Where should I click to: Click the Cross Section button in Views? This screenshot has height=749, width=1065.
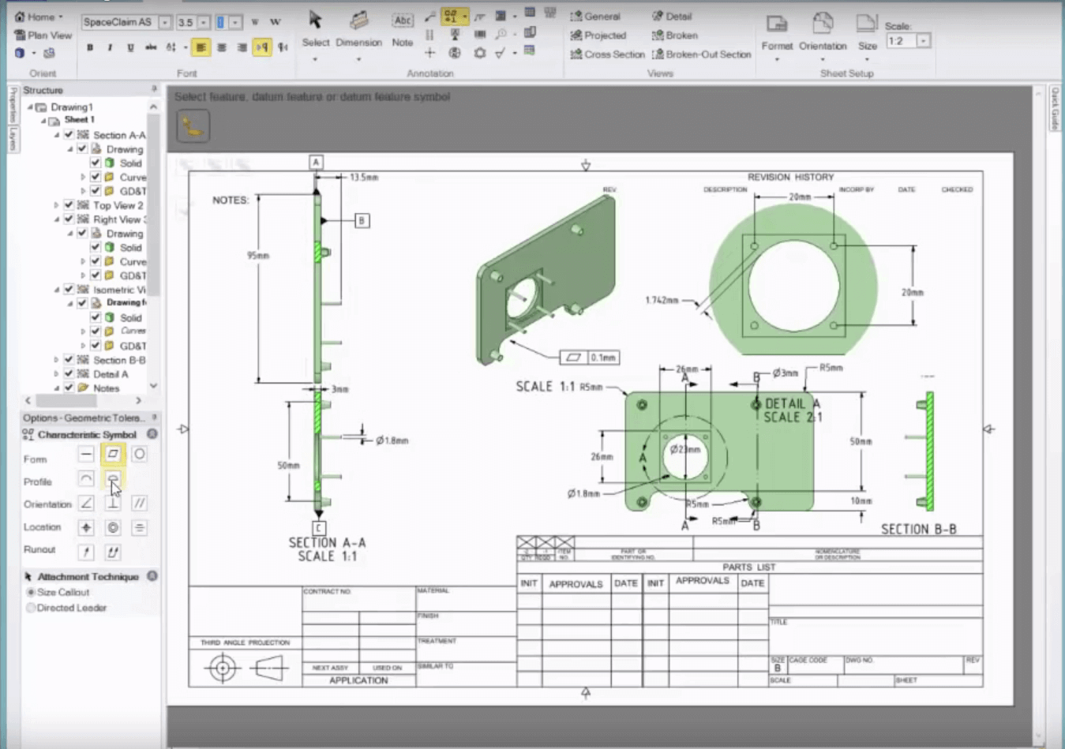(x=607, y=54)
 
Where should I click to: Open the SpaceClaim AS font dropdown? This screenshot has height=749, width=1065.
(x=165, y=22)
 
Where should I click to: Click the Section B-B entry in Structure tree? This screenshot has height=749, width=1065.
(x=118, y=360)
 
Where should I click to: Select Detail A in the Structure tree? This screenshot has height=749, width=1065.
(x=110, y=374)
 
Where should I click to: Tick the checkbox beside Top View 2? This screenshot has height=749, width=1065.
(x=69, y=205)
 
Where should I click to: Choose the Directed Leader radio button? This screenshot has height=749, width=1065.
(x=32, y=608)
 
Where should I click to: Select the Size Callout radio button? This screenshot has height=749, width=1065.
(x=32, y=592)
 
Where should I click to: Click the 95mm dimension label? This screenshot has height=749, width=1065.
(x=258, y=256)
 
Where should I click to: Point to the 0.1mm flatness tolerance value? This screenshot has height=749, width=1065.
(x=603, y=358)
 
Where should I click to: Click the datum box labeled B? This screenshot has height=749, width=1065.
(x=362, y=221)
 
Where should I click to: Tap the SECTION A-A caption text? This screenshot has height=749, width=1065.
(x=327, y=543)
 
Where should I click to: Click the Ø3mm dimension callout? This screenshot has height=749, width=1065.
(x=785, y=373)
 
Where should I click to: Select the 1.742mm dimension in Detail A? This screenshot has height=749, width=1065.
(x=662, y=300)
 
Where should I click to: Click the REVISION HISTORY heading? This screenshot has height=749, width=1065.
(x=790, y=178)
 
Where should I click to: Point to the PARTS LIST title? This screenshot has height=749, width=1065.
(x=748, y=567)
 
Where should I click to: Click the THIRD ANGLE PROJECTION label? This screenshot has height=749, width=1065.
(x=245, y=642)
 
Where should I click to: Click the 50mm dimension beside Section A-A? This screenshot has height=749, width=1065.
(x=288, y=466)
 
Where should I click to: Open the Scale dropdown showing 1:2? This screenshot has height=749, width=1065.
(x=923, y=41)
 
